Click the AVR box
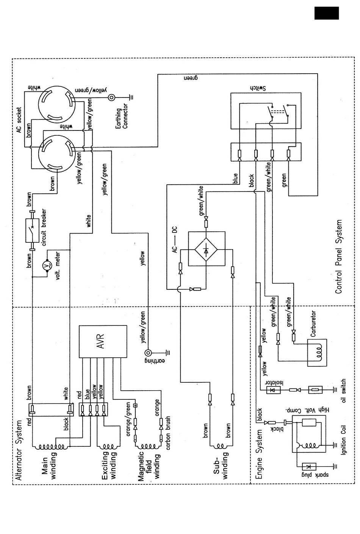click(103, 341)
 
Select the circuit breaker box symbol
click(32, 231)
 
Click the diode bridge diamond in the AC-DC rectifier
click(206, 249)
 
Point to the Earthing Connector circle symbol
click(111, 97)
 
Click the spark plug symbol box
click(309, 466)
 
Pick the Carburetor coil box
click(317, 353)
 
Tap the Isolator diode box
click(274, 390)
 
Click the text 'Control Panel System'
click(338, 256)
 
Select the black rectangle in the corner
click(326, 13)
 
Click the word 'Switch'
click(258, 88)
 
